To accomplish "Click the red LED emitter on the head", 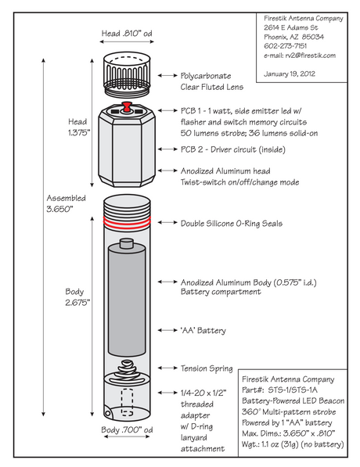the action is pyautogui.click(x=127, y=106).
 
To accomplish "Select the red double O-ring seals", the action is pyautogui.click(x=127, y=223).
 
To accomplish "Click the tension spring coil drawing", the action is pyautogui.click(x=128, y=372).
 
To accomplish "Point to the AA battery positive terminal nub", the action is pyautogui.click(x=127, y=242).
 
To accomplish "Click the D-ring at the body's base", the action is pyautogui.click(x=107, y=412).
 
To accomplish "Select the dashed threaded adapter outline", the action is pyautogui.click(x=127, y=402).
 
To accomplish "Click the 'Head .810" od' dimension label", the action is pyautogui.click(x=127, y=33).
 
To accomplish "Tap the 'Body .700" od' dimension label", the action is pyautogui.click(x=127, y=429).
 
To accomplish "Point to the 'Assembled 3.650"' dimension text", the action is pyautogui.click(x=66, y=203).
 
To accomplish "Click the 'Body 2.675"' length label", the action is pyautogui.click(x=77, y=297).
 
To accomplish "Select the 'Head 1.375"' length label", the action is pyautogui.click(x=79, y=127).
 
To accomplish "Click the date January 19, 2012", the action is pyautogui.click(x=290, y=74).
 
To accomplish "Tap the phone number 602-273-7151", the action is pyautogui.click(x=285, y=46).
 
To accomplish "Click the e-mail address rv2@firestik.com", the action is pyautogui.click(x=310, y=56).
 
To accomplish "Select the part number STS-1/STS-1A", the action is pyautogui.click(x=293, y=390).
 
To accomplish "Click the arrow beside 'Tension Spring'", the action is pyautogui.click(x=167, y=368).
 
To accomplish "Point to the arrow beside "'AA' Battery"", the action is pyautogui.click(x=167, y=330).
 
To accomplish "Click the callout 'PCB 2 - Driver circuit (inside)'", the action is pyautogui.click(x=232, y=149).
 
